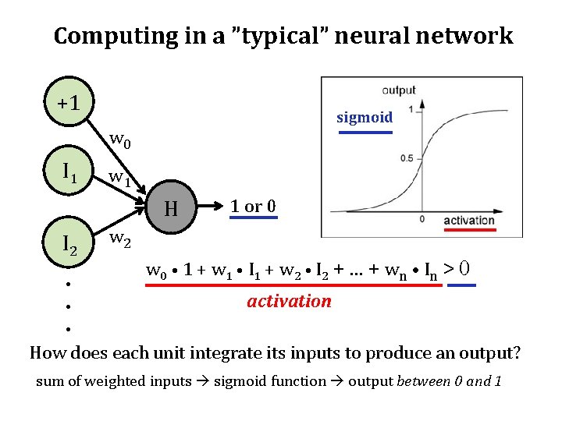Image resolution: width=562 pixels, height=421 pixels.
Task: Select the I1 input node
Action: pyautogui.click(x=69, y=169)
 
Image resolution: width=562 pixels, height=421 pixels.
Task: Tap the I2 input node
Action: pyautogui.click(x=69, y=244)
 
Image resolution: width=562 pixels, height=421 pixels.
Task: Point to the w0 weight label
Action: pyautogui.click(x=120, y=140)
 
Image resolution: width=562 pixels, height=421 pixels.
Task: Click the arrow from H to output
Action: pyautogui.click(x=210, y=208)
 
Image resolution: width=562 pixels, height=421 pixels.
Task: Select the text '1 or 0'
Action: pyautogui.click(x=253, y=207)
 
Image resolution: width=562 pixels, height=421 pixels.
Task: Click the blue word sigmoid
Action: pyautogui.click(x=365, y=118)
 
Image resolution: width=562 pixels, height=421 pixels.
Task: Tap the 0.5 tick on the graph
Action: pyautogui.click(x=407, y=158)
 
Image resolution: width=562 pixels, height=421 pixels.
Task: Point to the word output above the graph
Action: pyautogui.click(x=399, y=90)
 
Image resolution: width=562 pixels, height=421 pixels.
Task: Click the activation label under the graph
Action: pyautogui.click(x=468, y=221)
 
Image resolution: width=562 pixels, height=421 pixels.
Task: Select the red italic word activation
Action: pyautogui.click(x=289, y=301)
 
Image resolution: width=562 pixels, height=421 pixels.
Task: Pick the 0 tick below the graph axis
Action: pyautogui.click(x=421, y=219)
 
